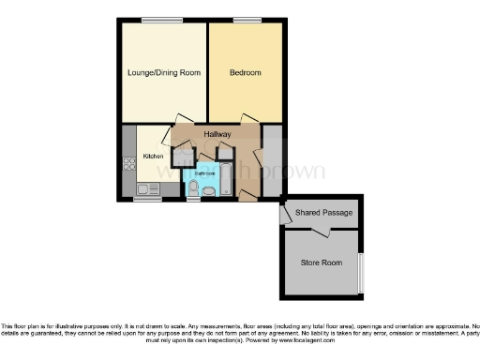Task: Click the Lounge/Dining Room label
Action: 164,72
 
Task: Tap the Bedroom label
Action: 245,72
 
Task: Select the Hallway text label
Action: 217,135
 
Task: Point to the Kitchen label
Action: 153,156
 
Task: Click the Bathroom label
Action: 204,173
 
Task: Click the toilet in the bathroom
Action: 193,190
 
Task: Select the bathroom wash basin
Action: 208,191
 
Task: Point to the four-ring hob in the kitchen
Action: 128,163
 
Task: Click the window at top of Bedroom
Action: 247,20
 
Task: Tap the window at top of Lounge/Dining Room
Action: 162,20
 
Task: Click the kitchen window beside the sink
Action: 146,199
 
